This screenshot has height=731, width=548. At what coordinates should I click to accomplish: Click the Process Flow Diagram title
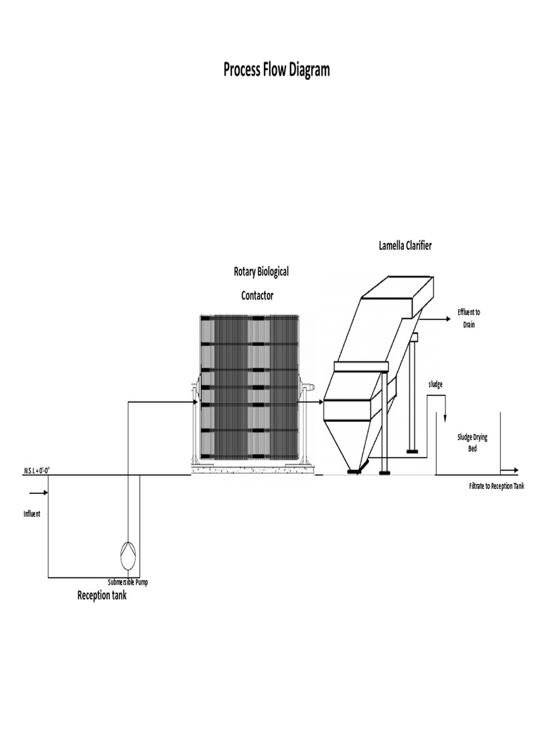(x=276, y=70)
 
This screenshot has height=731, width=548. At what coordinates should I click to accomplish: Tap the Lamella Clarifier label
(x=405, y=246)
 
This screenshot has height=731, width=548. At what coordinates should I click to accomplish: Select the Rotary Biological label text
(x=261, y=272)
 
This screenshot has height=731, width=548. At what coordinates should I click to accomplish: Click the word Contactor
(x=257, y=295)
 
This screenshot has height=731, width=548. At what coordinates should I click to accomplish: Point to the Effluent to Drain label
(x=468, y=318)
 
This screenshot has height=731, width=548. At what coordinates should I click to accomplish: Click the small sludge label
(x=435, y=384)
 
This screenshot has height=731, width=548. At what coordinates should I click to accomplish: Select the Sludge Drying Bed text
(x=472, y=443)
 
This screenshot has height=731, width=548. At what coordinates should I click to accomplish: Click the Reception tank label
(x=102, y=595)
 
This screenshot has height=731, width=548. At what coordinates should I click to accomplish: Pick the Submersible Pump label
(x=128, y=583)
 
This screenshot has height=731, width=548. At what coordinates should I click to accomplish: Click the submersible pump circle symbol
(x=128, y=552)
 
